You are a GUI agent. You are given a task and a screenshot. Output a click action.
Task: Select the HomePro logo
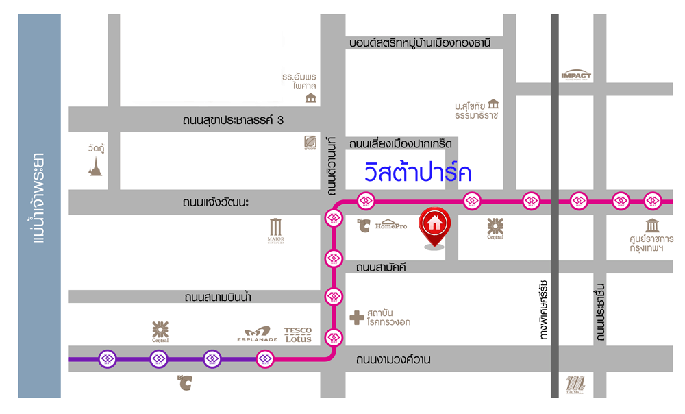pyautogui.click(x=390, y=224)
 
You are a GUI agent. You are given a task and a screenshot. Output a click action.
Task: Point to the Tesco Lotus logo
pyautogui.click(x=297, y=334)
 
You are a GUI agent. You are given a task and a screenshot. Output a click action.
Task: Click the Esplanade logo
pyautogui.click(x=257, y=334)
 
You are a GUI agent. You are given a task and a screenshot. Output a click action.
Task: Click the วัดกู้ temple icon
pyautogui.click(x=95, y=165)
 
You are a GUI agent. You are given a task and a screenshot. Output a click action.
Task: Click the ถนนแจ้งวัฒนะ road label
pyautogui.click(x=216, y=203)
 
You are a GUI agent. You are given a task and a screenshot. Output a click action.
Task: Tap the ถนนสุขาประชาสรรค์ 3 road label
pyautogui.click(x=233, y=121)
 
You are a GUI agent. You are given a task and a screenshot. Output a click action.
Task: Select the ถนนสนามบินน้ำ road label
pyautogui.click(x=220, y=297)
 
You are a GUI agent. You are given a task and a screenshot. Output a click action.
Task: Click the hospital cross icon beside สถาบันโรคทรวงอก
pyautogui.click(x=356, y=317)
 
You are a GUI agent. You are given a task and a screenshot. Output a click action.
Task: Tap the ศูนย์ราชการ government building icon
pyautogui.click(x=651, y=226)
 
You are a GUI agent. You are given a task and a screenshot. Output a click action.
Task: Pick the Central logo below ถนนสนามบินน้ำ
pyautogui.click(x=160, y=331)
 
